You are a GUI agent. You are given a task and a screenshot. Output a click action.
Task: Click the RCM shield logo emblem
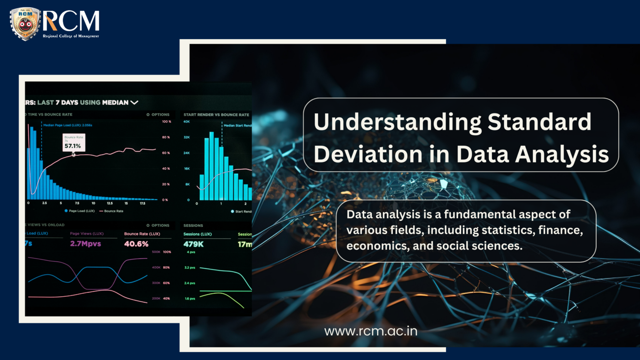tap(25, 24)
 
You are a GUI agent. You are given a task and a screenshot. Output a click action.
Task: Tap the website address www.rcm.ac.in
tap(371, 331)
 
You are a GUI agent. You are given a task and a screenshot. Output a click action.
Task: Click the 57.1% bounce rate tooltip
tap(74, 142)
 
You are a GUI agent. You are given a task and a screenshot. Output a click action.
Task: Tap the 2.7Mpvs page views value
tap(85, 244)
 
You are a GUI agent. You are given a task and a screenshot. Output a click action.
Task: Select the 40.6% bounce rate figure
tap(136, 244)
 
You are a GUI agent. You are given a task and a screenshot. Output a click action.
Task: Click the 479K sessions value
tap(193, 244)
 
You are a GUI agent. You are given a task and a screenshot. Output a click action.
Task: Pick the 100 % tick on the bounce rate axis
tap(167, 122)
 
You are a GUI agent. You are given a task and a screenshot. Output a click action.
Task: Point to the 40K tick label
tap(187, 122)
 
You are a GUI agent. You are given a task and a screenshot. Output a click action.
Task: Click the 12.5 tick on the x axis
tap(110, 203)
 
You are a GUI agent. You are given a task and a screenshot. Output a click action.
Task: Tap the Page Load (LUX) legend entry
tap(80, 211)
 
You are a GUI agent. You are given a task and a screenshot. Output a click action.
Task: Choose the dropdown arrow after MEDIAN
tap(134, 102)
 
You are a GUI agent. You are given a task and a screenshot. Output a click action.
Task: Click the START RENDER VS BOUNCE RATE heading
tap(216, 115)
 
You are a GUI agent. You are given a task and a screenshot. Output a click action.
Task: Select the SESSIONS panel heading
tap(193, 225)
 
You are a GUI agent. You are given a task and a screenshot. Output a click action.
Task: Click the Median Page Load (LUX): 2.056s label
tap(68, 125)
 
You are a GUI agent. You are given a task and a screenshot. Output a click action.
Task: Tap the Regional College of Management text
tap(71, 36)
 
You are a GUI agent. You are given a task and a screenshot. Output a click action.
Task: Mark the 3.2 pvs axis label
tap(190, 267)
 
